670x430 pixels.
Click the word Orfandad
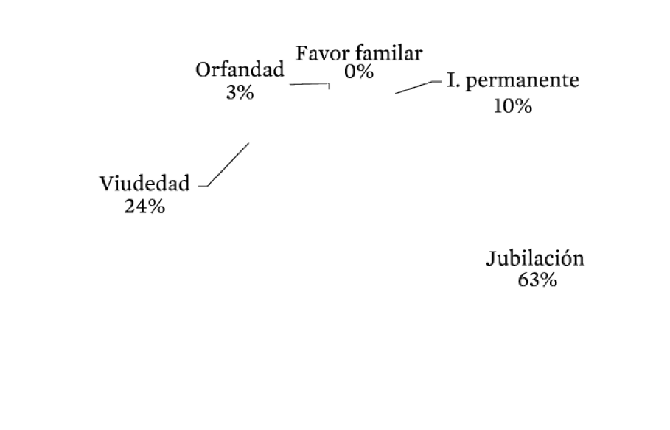(240, 69)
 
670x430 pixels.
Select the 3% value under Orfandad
(240, 92)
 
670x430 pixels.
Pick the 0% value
(359, 72)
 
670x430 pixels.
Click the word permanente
(522, 81)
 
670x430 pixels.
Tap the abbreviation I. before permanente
(454, 80)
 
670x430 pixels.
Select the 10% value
(513, 106)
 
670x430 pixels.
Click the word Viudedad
(144, 184)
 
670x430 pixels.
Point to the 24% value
(144, 207)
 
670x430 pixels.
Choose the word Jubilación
(535, 258)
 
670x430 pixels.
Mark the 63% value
(537, 280)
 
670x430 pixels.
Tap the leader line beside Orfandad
(310, 84)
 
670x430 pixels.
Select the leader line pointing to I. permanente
(419, 87)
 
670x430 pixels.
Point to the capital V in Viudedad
(108, 184)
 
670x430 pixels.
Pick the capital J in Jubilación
(492, 259)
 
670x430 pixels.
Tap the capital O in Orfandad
(204, 70)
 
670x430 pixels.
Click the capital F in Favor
(302, 54)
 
